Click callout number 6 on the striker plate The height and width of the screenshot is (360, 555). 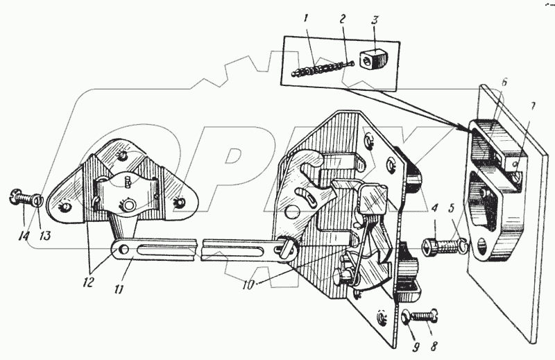[504, 81]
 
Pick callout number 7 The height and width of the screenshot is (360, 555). [533, 107]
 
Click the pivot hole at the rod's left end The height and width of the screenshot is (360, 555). [123, 248]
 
